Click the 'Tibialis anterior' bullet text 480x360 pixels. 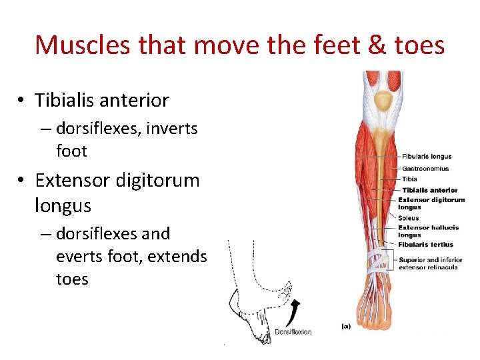click(102, 101)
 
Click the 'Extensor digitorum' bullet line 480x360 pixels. click(117, 181)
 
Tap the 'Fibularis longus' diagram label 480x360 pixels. click(427, 157)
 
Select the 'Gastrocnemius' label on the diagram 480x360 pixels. click(425, 169)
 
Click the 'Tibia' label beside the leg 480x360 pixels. click(409, 179)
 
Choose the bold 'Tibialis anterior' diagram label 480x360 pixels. click(430, 190)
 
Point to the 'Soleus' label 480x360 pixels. click(409, 217)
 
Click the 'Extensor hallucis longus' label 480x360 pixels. click(428, 231)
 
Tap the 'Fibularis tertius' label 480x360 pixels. click(425, 244)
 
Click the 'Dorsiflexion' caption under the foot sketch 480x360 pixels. click(293, 332)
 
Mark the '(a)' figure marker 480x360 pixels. click(347, 327)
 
